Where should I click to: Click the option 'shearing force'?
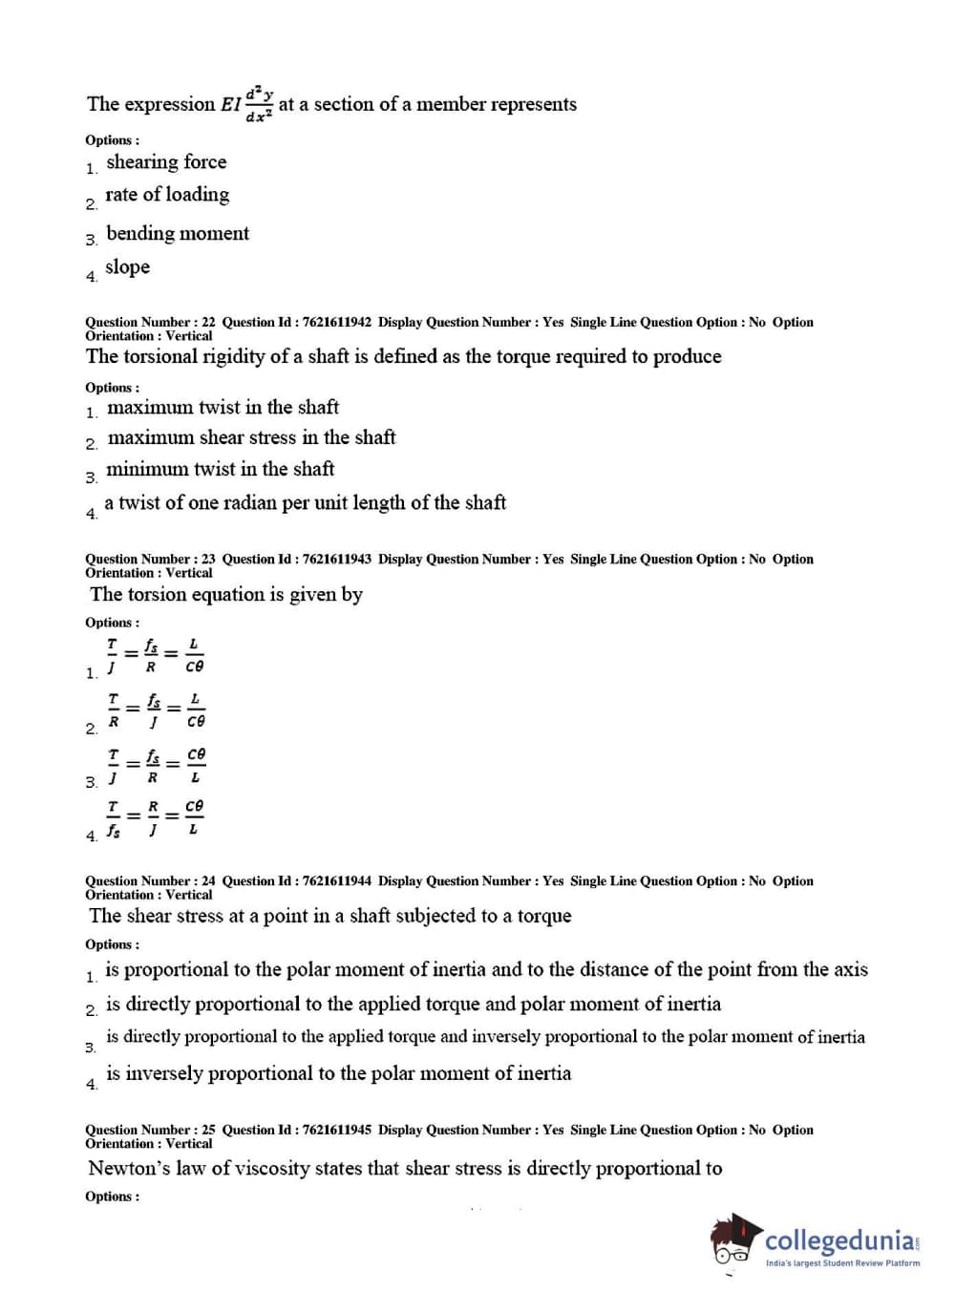[166, 162]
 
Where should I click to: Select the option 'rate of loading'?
[167, 195]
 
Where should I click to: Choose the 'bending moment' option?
[178, 234]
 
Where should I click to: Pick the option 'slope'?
[127, 267]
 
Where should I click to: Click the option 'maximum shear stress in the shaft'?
[251, 437]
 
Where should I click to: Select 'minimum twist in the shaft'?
[220, 469]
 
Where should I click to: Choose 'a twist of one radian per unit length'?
[305, 503]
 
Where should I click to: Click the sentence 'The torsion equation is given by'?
[226, 595]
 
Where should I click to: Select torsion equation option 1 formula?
[155, 656]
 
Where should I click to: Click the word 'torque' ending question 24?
[544, 917]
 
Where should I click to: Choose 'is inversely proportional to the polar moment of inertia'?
[338, 1074]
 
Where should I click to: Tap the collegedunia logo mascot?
[734, 1241]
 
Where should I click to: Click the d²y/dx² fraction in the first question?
[259, 105]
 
